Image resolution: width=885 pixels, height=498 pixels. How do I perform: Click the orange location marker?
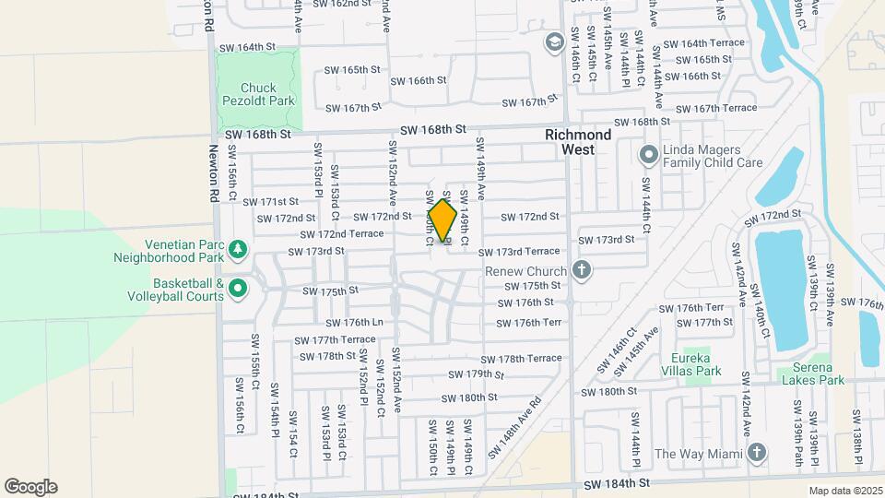tap(442, 221)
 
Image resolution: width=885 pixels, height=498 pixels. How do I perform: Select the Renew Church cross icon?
tap(581, 270)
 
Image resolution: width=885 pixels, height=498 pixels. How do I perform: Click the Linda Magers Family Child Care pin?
tap(648, 153)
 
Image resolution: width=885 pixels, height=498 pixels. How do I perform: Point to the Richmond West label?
tap(578, 141)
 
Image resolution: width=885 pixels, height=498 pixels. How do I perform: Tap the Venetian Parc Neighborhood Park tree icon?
tap(238, 248)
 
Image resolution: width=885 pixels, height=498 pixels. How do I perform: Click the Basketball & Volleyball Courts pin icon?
tap(238, 289)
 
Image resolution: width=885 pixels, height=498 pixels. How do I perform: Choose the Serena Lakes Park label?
tap(811, 379)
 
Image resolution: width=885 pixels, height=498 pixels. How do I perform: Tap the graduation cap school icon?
tap(554, 42)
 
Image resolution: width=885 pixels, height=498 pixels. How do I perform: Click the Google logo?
tap(30, 487)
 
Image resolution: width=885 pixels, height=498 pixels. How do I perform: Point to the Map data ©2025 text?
tap(844, 491)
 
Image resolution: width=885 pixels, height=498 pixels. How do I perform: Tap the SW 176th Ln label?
tap(353, 323)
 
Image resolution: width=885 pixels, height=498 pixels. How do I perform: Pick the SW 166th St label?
tap(419, 80)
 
